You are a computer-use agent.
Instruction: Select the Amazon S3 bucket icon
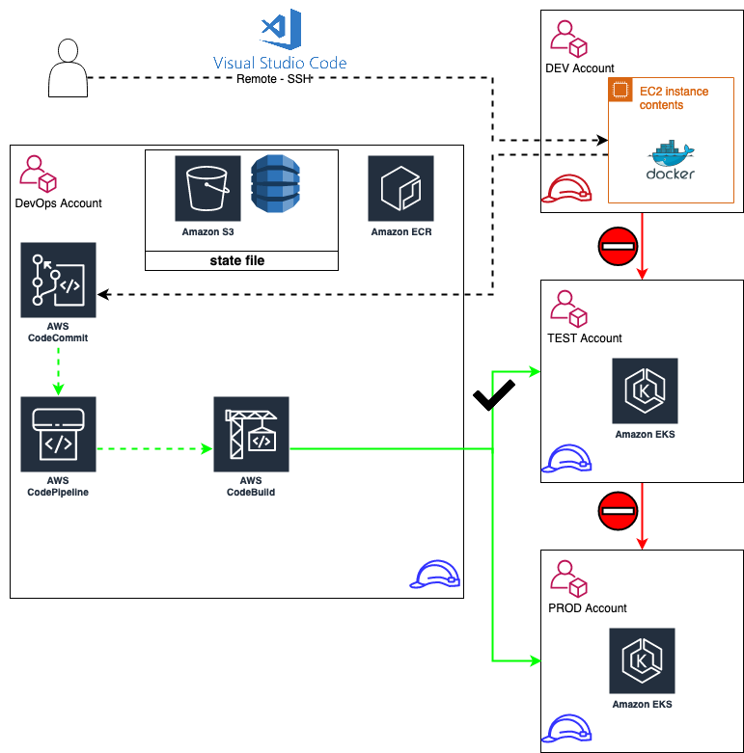(x=207, y=189)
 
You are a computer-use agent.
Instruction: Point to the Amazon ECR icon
(x=400, y=189)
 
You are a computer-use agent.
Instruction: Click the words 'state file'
(x=237, y=260)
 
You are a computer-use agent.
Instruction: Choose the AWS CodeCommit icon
(x=58, y=281)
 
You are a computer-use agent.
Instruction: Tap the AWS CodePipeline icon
(x=58, y=434)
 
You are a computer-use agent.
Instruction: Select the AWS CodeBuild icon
(x=251, y=434)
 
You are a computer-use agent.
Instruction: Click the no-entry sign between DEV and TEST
(x=618, y=246)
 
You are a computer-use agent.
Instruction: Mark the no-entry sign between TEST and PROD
(x=618, y=511)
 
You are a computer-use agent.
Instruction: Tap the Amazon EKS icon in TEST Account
(x=645, y=390)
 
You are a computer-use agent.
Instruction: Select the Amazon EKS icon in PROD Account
(x=642, y=660)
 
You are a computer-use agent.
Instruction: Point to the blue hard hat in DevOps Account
(x=435, y=575)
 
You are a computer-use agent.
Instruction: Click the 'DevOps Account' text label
(x=59, y=203)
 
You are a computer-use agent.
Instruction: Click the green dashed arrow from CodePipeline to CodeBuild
(x=154, y=448)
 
